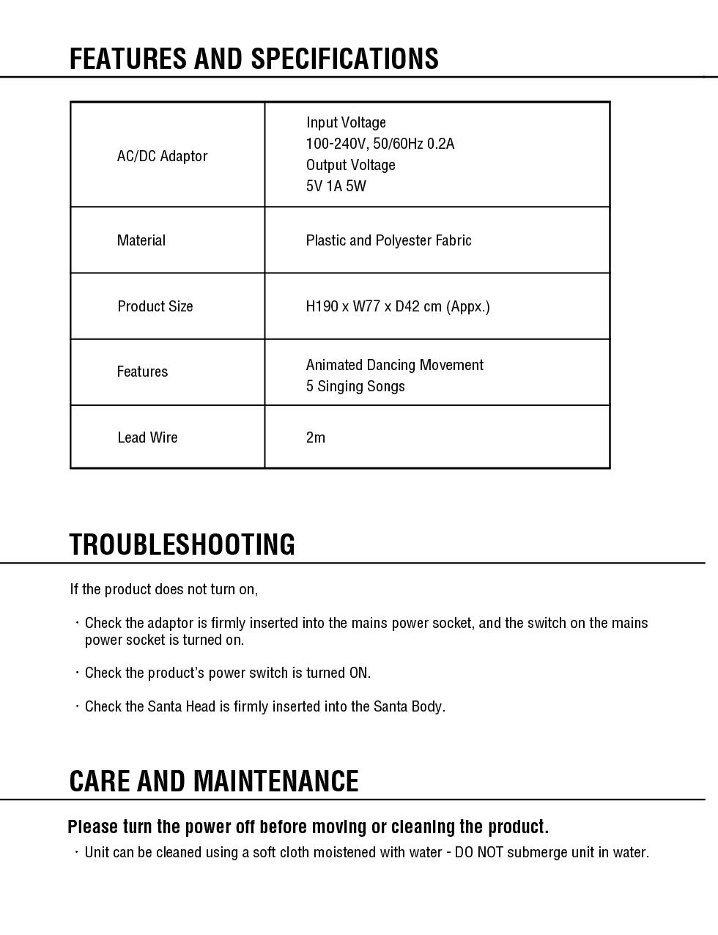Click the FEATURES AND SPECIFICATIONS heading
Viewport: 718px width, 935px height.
coord(253,59)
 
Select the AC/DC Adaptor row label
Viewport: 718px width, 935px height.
coord(162,156)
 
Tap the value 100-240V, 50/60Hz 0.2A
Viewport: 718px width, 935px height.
coord(380,144)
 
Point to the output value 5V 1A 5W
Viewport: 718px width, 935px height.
coord(336,186)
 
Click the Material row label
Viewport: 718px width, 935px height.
coord(141,240)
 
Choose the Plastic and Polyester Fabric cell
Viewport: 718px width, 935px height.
coord(388,240)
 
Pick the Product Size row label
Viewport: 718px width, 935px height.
coord(155,306)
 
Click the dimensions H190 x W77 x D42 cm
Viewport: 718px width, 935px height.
coord(397,306)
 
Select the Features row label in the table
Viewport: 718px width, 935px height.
coord(142,372)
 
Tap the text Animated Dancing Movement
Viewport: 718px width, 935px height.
coord(394,365)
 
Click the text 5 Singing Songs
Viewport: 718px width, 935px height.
coord(355,386)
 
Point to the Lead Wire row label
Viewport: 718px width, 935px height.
coord(147,437)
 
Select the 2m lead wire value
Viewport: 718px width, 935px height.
coord(315,437)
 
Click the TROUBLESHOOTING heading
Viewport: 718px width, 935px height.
coord(182,544)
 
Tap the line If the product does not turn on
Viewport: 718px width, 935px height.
coord(163,589)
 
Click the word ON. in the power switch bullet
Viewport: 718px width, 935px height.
coord(360,673)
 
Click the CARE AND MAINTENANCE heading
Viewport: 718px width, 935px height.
coord(213,781)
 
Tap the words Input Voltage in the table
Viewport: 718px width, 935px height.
coord(345,122)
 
